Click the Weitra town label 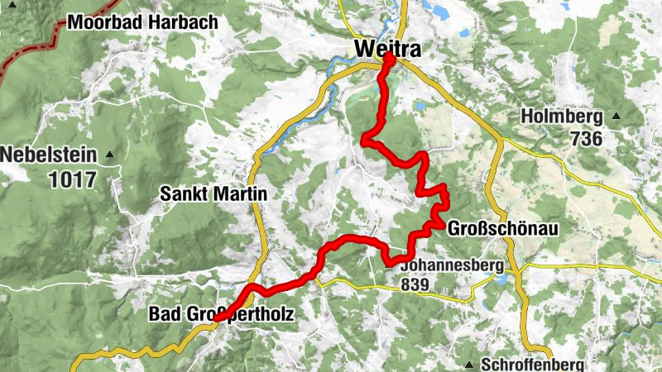(x=386, y=50)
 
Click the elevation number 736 (x=586, y=139)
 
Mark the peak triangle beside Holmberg (x=616, y=117)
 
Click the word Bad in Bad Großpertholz (x=161, y=314)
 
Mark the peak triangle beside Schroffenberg (x=470, y=365)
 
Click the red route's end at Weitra (x=388, y=60)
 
